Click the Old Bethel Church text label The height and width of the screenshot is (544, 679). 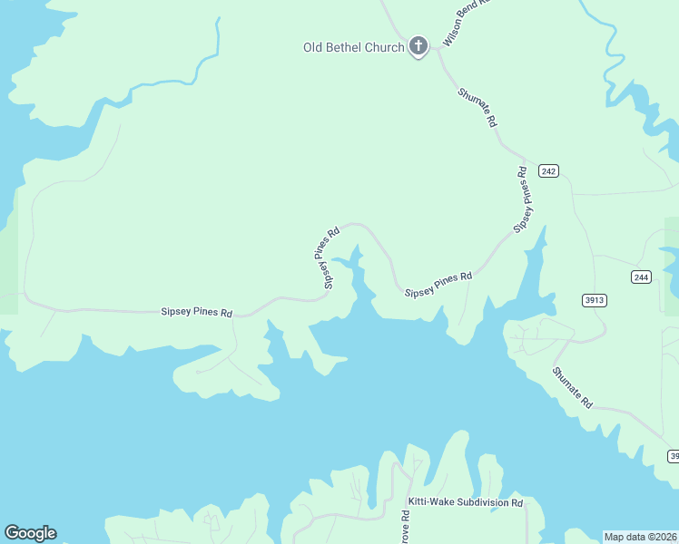pyautogui.click(x=353, y=47)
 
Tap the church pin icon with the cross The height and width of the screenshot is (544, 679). pyautogui.click(x=418, y=45)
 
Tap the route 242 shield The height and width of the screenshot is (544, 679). pyautogui.click(x=547, y=170)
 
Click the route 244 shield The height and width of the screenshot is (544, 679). pyautogui.click(x=642, y=277)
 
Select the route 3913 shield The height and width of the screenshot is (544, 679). pyautogui.click(x=595, y=300)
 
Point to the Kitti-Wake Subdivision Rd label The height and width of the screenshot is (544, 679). pyautogui.click(x=466, y=502)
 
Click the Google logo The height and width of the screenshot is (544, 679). pyautogui.click(x=30, y=533)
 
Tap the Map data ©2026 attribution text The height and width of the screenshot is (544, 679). pyautogui.click(x=640, y=537)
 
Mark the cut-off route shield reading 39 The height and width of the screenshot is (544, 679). pyautogui.click(x=674, y=455)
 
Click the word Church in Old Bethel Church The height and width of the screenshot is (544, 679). pyautogui.click(x=385, y=47)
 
